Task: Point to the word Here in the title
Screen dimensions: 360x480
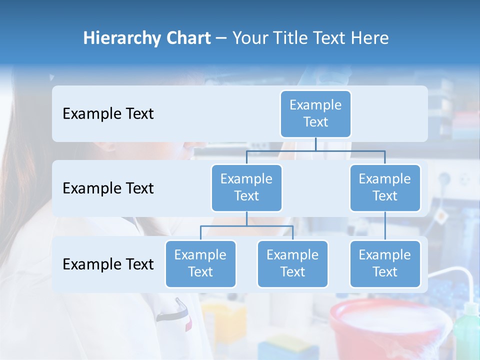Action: tap(370, 38)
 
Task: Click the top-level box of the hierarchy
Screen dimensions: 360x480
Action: tap(315, 113)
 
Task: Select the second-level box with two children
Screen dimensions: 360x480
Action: tap(246, 187)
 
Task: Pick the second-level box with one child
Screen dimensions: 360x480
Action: tap(385, 187)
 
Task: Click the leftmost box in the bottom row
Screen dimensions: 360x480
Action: tap(200, 263)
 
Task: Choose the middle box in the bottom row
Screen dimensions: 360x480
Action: tap(292, 263)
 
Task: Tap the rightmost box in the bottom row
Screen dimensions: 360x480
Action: tap(385, 263)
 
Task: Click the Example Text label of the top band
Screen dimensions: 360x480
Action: tap(108, 114)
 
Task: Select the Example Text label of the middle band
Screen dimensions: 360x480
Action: tap(108, 188)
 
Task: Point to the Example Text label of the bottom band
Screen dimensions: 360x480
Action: tap(108, 264)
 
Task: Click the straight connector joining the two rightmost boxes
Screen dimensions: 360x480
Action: tap(385, 226)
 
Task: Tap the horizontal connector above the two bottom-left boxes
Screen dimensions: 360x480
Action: tap(246, 226)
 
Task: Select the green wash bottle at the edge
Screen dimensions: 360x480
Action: tap(467, 332)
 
